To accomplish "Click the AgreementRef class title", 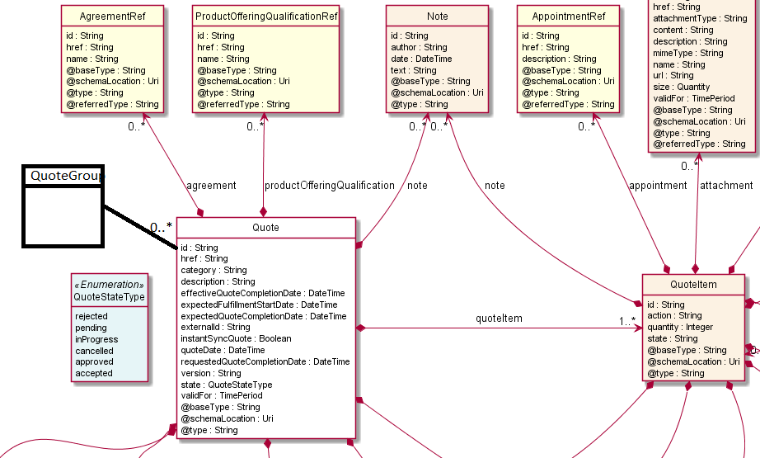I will coord(113,17).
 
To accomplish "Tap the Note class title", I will coord(438,17).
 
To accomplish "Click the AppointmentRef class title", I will coord(570,17).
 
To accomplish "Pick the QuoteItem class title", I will coord(693,285).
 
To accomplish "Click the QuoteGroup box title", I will coord(63,175).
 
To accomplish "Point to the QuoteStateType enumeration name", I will coord(110,297).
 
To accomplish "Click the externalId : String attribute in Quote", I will coord(215,327).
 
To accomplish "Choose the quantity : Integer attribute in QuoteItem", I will coord(680,327).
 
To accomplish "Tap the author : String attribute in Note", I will coord(419,47).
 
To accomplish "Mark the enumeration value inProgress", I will coord(96,339).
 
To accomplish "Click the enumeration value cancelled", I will coord(95,351).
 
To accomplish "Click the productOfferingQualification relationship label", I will coord(330,186).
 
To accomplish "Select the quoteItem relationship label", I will coord(499,319).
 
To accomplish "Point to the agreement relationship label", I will coord(212,186).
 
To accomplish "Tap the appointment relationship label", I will coord(658,186).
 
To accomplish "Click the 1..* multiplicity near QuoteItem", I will coord(627,321).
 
